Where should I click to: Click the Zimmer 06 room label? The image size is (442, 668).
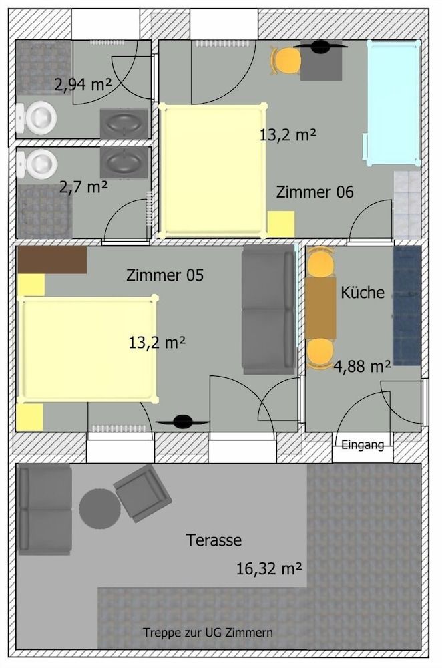point(314,192)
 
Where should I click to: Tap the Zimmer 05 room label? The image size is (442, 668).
point(164,275)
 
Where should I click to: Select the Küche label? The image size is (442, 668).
point(363,292)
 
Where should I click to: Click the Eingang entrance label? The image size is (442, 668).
point(363,445)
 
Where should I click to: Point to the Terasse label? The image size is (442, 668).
point(214,540)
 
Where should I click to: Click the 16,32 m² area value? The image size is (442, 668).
point(269,568)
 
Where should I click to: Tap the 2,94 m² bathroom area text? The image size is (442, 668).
point(82,84)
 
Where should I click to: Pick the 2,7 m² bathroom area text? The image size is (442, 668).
point(83,186)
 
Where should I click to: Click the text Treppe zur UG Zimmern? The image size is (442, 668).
point(208,632)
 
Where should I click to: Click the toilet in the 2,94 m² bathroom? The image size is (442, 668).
point(37,118)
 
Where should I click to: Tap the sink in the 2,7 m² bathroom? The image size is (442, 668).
point(124,162)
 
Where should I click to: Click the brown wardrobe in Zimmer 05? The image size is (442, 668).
point(52,260)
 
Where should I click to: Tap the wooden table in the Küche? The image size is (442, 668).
point(320,308)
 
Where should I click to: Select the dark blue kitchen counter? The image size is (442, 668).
point(407,306)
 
